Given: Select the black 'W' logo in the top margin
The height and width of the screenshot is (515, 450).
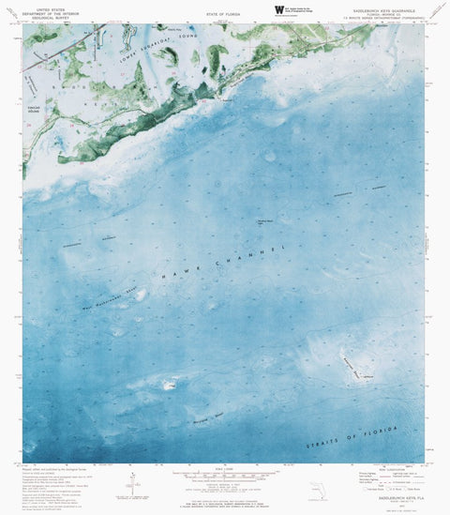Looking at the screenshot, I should [278, 8].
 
